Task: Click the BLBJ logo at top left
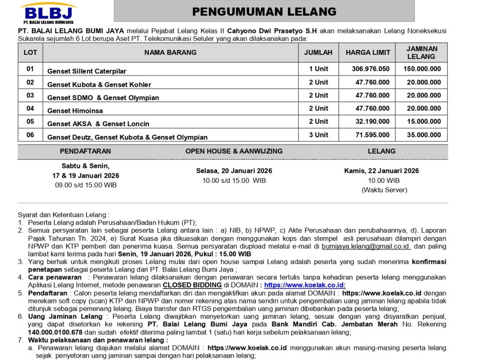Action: pos(48,13)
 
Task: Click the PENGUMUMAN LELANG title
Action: pos(264,12)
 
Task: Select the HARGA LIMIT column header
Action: pos(368,52)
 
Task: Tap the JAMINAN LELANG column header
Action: pos(422,52)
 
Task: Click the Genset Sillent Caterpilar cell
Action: pos(87,71)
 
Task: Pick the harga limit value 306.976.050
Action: pos(371,69)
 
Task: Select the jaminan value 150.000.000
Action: pos(422,69)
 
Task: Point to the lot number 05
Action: pos(30,121)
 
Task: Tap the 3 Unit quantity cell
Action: pos(319,135)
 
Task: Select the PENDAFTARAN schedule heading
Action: pos(85,151)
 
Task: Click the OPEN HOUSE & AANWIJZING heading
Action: pos(234,151)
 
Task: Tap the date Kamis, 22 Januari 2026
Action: pos(382,171)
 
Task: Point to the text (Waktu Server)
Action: pos(382,190)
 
